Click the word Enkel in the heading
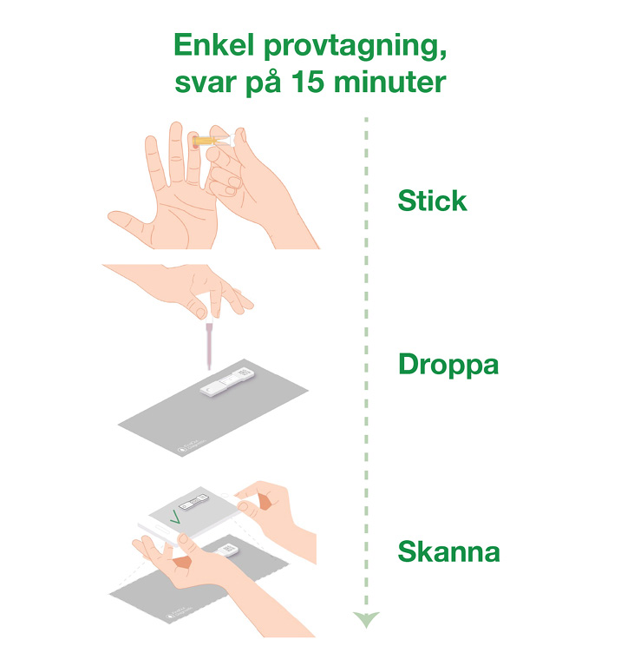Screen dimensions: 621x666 (214, 44)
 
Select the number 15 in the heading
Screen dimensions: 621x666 (308, 82)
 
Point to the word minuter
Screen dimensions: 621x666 (389, 82)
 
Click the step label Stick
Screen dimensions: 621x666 (432, 201)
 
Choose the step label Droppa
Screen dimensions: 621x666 (448, 366)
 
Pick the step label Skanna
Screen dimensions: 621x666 (448, 551)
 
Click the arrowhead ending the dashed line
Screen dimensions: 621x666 (366, 619)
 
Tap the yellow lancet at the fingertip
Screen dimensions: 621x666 (206, 141)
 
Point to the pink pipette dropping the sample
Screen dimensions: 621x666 (209, 345)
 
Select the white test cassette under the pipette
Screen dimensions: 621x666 (228, 382)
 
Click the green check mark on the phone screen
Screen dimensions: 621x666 (174, 517)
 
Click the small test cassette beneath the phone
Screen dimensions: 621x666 (226, 551)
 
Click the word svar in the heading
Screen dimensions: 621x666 (206, 82)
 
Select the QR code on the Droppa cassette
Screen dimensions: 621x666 (244, 373)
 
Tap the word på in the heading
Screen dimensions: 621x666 (263, 82)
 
